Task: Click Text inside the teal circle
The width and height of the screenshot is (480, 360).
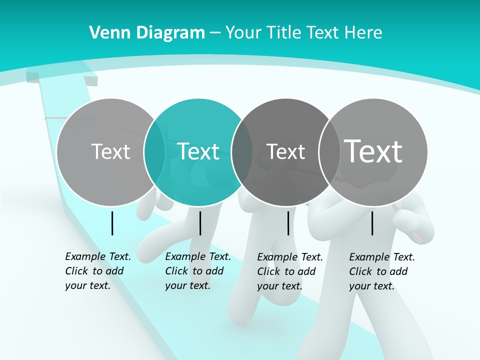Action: pyautogui.click(x=198, y=151)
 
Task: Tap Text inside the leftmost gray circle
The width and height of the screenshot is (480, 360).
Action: pyautogui.click(x=110, y=151)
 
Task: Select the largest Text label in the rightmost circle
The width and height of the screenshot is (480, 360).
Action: pyautogui.click(x=373, y=151)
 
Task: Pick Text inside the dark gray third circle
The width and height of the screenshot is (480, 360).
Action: pyautogui.click(x=285, y=151)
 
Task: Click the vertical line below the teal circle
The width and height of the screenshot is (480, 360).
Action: pyautogui.click(x=200, y=223)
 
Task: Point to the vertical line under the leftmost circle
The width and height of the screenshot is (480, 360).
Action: pyautogui.click(x=112, y=223)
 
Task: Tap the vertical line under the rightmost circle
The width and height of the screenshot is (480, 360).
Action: pyautogui.click(x=372, y=223)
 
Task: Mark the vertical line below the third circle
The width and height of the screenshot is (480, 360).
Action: pyautogui.click(x=288, y=223)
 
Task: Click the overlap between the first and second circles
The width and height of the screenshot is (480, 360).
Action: pyautogui.click(x=154, y=152)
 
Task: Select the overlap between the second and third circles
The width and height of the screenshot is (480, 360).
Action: pyautogui.click(x=242, y=152)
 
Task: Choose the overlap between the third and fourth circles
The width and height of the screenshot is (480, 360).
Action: pyautogui.click(x=329, y=152)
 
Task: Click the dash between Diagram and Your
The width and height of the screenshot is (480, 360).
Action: pyautogui.click(x=215, y=33)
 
